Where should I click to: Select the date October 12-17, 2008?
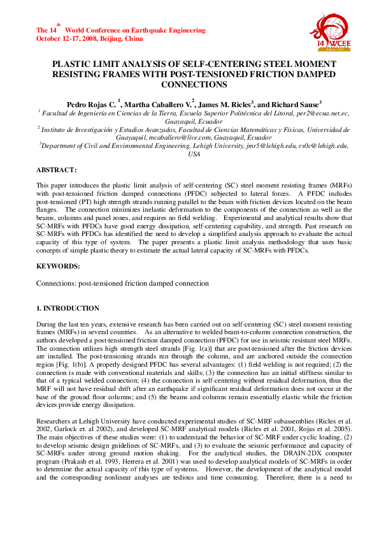pos(66,38)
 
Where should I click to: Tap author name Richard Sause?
pos(299,104)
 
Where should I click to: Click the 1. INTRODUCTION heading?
pos(68,308)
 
